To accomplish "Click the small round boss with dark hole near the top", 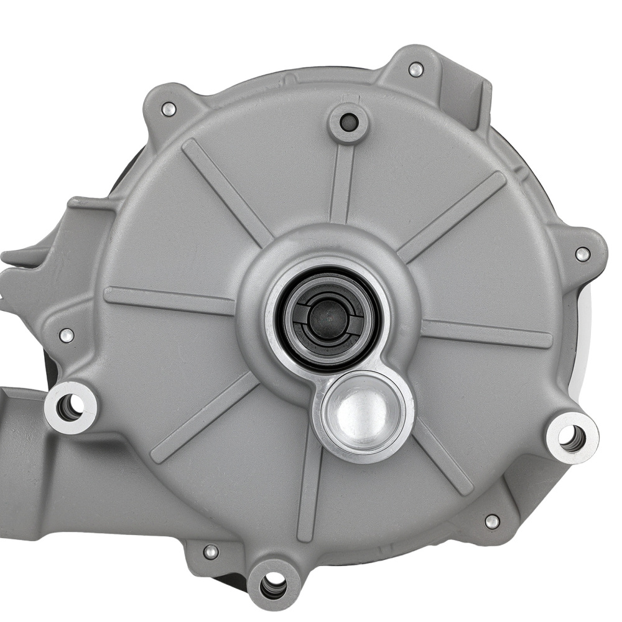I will point(349,122).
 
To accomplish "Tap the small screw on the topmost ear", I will point(415,69).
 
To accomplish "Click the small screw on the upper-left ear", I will point(168,109).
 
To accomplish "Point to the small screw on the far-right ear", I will point(582,254).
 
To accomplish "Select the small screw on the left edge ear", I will point(67,336).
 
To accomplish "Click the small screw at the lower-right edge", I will point(492,521).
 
